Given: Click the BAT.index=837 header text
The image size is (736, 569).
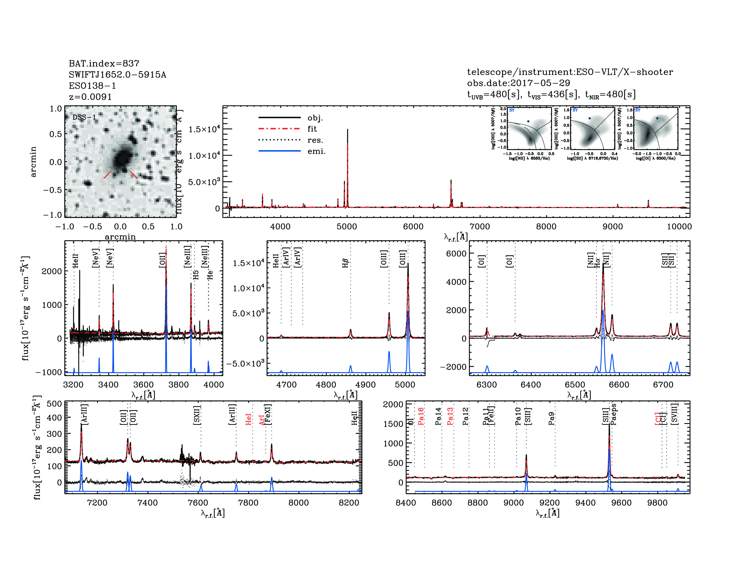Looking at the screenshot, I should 104,63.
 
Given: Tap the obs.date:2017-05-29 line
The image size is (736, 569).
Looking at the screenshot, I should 518,83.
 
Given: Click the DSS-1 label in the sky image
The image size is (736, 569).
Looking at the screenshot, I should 84,117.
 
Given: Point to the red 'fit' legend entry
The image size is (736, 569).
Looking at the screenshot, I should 312,129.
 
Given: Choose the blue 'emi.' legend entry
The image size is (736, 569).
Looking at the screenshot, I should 316,151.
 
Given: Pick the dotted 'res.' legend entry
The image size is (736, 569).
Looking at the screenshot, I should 315,140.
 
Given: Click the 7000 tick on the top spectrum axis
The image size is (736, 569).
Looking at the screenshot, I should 480,226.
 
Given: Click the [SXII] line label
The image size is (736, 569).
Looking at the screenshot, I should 197,415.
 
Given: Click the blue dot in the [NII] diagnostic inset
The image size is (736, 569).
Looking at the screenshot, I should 528,121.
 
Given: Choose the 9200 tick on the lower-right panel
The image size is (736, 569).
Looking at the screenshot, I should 550,503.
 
